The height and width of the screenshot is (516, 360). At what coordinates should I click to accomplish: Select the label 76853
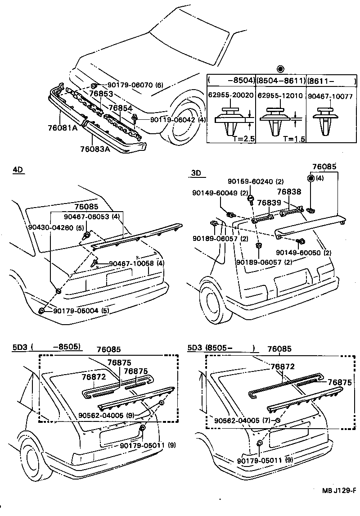tap(101, 94)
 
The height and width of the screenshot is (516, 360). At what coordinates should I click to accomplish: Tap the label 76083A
tap(95, 149)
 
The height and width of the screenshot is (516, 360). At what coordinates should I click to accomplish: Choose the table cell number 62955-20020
tap(231, 95)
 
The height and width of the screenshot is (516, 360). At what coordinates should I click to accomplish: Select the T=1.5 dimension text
tap(294, 139)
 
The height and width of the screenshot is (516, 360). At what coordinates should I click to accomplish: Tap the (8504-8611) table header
tap(281, 81)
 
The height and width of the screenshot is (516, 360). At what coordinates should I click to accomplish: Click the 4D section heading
tap(18, 170)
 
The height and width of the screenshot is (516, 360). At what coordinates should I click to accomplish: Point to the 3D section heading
tap(196, 172)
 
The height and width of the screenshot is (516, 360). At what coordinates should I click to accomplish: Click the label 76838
tap(288, 192)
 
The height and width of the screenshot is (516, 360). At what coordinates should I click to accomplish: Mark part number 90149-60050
tap(299, 253)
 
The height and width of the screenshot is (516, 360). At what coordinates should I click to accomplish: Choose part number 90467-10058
tap(131, 263)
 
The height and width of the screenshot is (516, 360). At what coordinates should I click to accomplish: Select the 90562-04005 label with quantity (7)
tap(243, 421)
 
